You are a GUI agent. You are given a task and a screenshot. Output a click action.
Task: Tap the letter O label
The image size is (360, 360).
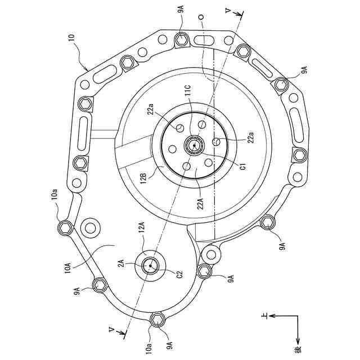click(x=201, y=17)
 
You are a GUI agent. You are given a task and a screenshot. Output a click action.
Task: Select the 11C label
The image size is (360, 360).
click(x=188, y=90)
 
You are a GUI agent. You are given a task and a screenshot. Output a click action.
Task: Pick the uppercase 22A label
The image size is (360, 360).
click(x=200, y=203)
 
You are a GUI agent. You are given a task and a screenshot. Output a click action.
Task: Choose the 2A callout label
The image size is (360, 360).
click(x=121, y=263)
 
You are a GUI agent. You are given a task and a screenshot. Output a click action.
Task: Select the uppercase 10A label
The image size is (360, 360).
click(x=67, y=268)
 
